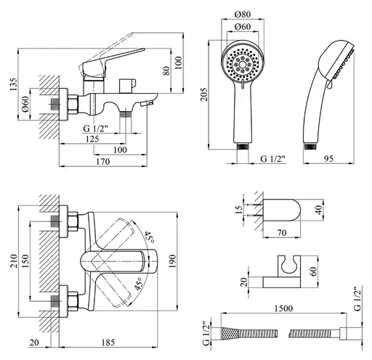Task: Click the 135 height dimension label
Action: pyautogui.click(x=14, y=84)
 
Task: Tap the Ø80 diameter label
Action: pyautogui.click(x=243, y=15)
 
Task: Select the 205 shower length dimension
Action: pyautogui.click(x=203, y=94)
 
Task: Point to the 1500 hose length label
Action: pyautogui.click(x=283, y=308)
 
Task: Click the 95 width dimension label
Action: pyautogui.click(x=328, y=158)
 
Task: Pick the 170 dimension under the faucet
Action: pyautogui.click(x=103, y=161)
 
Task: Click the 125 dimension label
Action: pyautogui.click(x=92, y=139)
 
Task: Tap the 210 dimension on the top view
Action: pyautogui.click(x=14, y=261)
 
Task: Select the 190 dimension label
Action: pyautogui.click(x=172, y=261)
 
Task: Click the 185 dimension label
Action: pyautogui.click(x=108, y=343)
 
